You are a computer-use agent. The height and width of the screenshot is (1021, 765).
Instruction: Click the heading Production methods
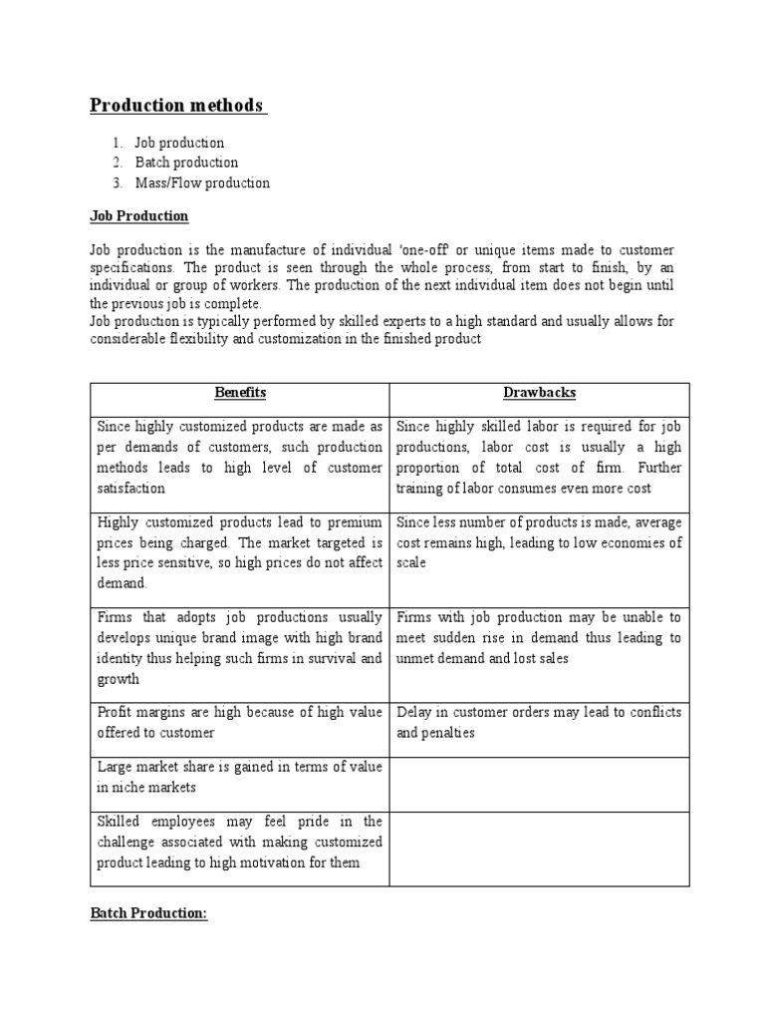[177, 106]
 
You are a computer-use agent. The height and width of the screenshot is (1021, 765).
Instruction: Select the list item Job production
[179, 143]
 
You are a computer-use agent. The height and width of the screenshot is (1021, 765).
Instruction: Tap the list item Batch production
[186, 163]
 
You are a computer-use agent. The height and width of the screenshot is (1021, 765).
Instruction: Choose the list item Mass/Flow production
[202, 182]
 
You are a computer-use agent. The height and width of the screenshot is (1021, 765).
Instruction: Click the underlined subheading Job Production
[138, 216]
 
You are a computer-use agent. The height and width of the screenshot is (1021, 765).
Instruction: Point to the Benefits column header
[239, 394]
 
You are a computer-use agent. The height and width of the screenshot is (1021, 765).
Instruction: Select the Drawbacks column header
[539, 394]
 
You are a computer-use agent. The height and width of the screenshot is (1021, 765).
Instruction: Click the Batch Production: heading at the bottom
[148, 914]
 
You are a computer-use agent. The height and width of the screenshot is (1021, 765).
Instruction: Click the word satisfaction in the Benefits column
[131, 489]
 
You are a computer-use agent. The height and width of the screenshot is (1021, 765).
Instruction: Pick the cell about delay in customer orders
[539, 723]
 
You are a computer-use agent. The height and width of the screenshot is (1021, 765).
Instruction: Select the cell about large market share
[239, 777]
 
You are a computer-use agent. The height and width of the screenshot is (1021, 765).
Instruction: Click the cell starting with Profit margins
[239, 723]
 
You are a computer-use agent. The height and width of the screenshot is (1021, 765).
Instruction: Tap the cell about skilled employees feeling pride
[239, 842]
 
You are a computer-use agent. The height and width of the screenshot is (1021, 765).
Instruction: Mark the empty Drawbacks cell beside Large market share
[539, 784]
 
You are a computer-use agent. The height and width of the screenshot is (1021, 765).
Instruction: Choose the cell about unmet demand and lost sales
[539, 638]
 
